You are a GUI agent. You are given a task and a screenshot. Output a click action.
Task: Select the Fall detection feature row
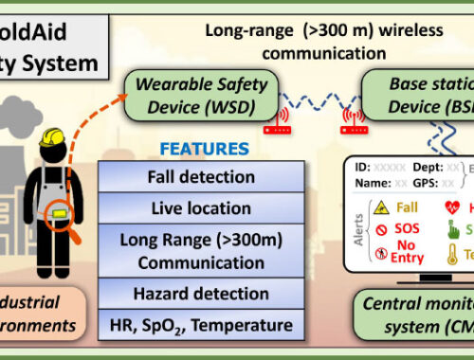click(x=200, y=177)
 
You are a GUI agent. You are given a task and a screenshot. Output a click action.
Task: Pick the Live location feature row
click(x=200, y=207)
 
